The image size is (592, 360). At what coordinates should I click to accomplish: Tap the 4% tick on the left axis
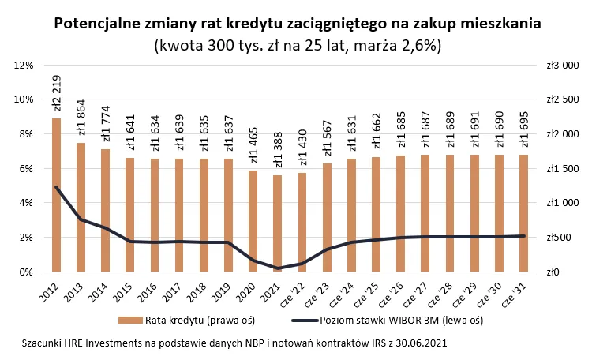(24, 203)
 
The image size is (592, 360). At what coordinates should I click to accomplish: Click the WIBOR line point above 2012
(57, 187)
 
